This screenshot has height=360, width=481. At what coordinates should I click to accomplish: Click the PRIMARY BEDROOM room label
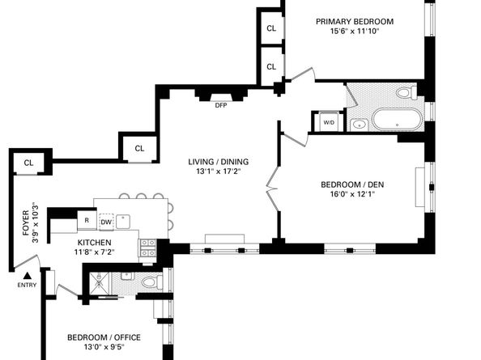point(354,21)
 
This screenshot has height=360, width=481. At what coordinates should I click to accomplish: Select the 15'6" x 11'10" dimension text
point(354,32)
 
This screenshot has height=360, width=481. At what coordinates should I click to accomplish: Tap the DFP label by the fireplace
point(220,105)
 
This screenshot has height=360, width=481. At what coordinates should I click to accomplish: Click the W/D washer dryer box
point(329,122)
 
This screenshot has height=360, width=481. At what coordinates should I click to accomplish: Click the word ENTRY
point(26,286)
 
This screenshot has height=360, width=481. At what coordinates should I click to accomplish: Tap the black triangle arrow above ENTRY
point(26,276)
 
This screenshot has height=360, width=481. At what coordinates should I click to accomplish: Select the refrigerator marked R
point(87,220)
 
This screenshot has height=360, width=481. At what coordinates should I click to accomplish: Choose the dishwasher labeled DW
point(106,221)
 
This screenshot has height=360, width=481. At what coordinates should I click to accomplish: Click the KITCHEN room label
point(95,242)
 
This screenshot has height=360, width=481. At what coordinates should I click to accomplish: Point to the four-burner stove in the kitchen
point(147,248)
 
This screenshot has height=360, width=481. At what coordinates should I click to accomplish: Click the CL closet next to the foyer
point(28,163)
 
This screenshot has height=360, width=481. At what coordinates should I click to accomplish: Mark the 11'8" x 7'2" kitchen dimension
point(95,252)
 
